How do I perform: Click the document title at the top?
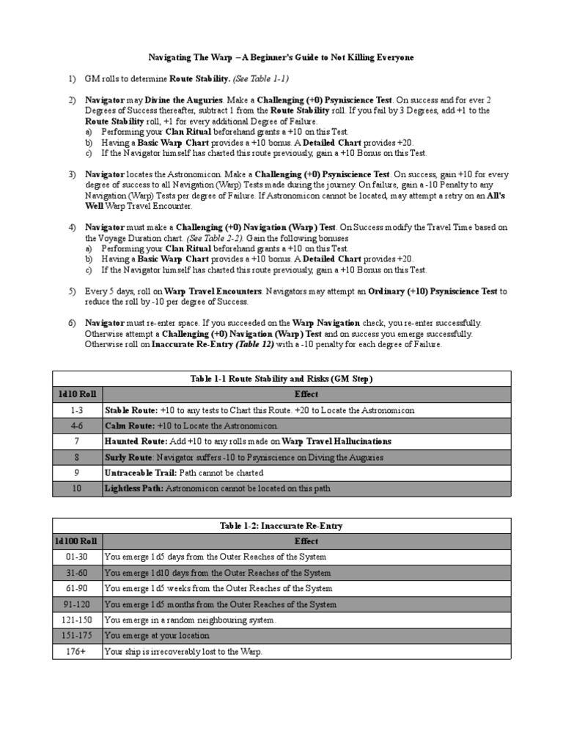[281, 57]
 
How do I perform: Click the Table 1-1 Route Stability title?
[281, 379]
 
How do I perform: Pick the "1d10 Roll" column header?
[77, 395]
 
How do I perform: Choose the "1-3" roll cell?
[77, 411]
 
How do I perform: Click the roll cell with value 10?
[77, 488]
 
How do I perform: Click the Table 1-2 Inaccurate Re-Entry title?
[281, 526]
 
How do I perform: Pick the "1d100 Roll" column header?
[77, 541]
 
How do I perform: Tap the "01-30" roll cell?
[77, 557]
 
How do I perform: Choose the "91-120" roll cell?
[77, 605]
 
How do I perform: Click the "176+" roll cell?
[77, 652]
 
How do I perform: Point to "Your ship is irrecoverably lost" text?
[183, 652]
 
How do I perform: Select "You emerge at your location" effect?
[157, 636]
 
